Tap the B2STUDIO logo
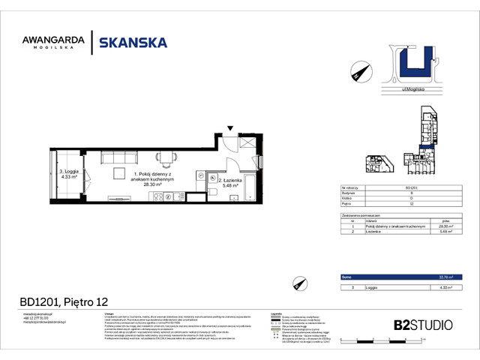[423, 325]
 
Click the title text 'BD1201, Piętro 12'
[63, 302]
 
